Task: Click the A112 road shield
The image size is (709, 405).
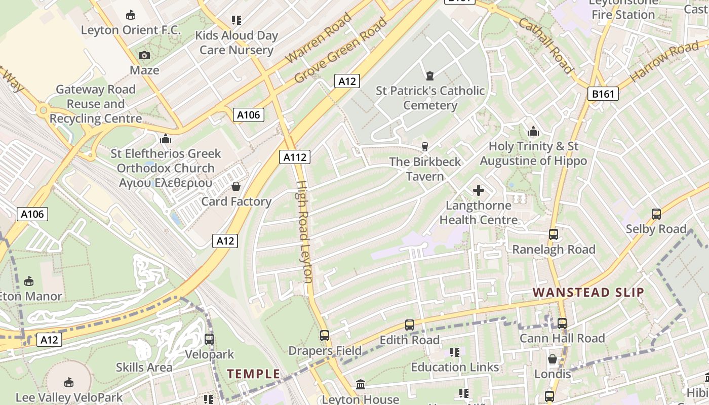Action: click(295, 157)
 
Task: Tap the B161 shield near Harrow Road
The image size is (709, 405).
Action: click(603, 94)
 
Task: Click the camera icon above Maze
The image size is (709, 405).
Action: click(144, 55)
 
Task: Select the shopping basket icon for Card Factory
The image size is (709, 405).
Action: click(236, 186)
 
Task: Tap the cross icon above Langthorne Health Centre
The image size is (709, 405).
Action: click(479, 190)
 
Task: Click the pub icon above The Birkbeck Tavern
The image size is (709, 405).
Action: click(425, 147)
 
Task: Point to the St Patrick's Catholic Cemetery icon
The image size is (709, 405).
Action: click(430, 76)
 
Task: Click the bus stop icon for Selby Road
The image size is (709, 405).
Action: click(656, 214)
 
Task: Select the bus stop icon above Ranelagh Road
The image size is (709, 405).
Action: click(554, 234)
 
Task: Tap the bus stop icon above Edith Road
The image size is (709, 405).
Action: click(410, 325)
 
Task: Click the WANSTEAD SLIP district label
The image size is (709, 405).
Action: click(588, 292)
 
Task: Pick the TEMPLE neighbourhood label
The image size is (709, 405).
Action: click(253, 374)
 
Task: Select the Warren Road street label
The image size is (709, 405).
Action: click(319, 39)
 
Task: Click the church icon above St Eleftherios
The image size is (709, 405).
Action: click(166, 138)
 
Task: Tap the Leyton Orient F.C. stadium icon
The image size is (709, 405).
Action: click(131, 15)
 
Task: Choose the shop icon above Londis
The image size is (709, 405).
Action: click(553, 359)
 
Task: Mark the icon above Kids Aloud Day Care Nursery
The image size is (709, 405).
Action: click(237, 20)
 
